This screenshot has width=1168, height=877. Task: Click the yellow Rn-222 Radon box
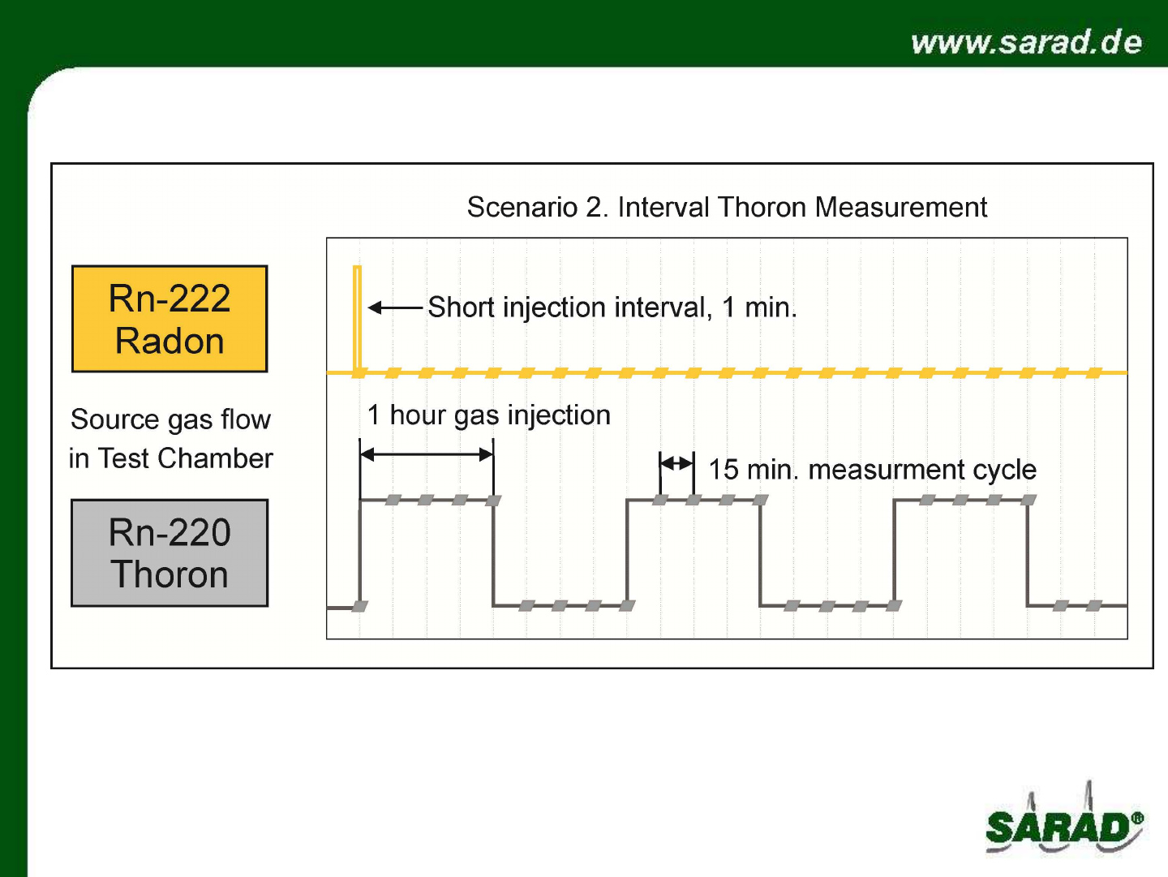(x=170, y=319)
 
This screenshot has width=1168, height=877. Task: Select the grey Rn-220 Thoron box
(x=170, y=553)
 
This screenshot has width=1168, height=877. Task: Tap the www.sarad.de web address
(x=1026, y=42)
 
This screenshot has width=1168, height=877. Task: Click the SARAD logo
(x=1064, y=819)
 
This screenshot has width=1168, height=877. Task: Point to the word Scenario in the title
(x=522, y=207)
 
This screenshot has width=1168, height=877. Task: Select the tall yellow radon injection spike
(x=357, y=320)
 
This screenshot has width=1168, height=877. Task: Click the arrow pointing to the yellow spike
(x=395, y=307)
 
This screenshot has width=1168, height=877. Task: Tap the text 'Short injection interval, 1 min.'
(x=612, y=307)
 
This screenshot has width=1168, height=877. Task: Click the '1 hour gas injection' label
(x=488, y=415)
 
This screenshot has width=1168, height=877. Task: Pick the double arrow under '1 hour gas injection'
(x=426, y=454)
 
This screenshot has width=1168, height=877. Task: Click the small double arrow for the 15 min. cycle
(x=676, y=463)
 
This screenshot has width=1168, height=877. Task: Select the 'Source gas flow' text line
(x=170, y=420)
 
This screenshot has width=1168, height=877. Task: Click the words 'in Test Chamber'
(x=171, y=458)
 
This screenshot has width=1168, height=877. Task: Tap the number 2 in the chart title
(x=593, y=207)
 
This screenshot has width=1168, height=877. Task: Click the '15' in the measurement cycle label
(x=724, y=470)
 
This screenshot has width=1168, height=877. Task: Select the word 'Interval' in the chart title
(x=663, y=207)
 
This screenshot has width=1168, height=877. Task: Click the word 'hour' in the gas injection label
(x=417, y=415)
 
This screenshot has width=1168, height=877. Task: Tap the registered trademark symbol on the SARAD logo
(x=1136, y=819)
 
